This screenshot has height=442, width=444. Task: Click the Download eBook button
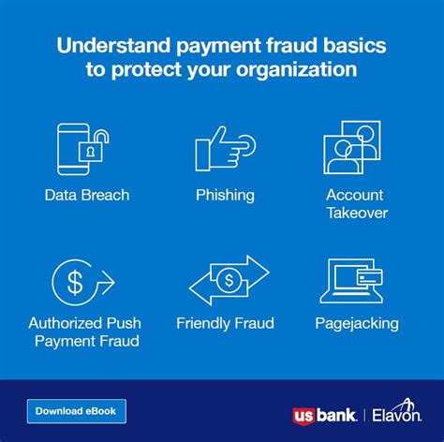pos(75,410)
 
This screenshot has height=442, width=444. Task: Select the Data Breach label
pos(86,196)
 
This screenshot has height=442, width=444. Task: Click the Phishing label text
pos(225,196)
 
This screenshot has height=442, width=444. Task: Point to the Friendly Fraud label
pos(225,324)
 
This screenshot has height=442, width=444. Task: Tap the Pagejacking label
pos(357,324)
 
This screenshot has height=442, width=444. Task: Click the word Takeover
pos(357,213)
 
